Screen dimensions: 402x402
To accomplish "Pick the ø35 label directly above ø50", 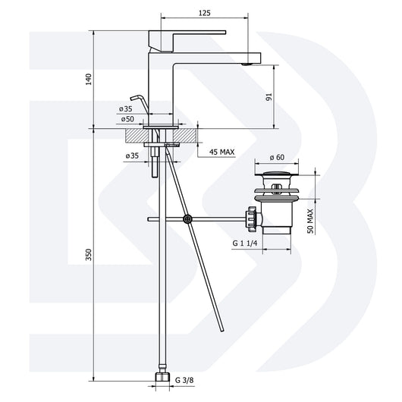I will click(x=125, y=109).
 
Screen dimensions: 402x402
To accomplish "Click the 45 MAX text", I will click(x=221, y=152).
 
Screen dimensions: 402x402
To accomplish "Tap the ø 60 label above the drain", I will click(x=277, y=158).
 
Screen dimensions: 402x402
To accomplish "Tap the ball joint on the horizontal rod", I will click(x=187, y=219).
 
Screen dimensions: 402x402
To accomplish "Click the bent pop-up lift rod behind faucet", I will click(x=137, y=101).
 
